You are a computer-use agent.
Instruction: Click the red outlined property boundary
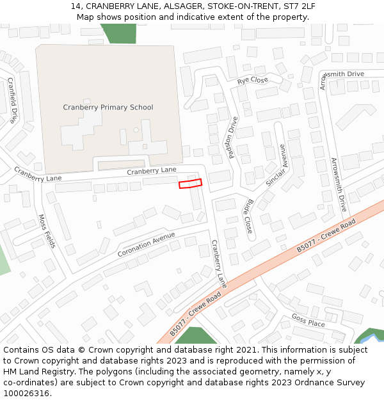[x=190, y=184]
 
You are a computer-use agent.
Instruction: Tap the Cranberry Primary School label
[x=108, y=108]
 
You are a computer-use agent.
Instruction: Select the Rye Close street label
[x=253, y=81]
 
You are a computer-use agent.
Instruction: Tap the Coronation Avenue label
[x=146, y=244]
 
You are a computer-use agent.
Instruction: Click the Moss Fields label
[x=47, y=231]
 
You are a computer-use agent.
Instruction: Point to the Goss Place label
[x=308, y=320]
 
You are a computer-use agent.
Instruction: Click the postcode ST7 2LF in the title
[x=300, y=6]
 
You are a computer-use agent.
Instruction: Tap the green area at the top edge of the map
[x=118, y=33]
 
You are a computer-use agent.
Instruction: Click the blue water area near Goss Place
[x=369, y=335]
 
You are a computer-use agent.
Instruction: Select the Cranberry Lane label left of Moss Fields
[x=36, y=174]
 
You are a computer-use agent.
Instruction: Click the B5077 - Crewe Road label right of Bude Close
[x=326, y=237]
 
